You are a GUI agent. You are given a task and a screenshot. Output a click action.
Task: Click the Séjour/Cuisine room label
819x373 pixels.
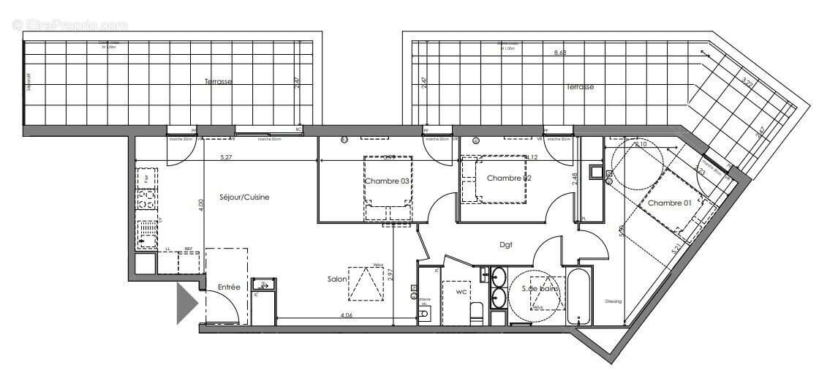[x=240, y=197]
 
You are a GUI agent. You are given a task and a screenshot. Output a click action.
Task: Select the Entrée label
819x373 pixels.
[x=229, y=287]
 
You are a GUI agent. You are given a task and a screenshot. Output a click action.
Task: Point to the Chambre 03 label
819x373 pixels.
[x=388, y=181]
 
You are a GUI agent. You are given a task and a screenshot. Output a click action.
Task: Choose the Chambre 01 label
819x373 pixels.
[x=669, y=203]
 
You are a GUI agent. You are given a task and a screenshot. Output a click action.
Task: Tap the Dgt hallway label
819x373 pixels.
[x=505, y=245]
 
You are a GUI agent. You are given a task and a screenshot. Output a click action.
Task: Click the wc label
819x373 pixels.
[x=461, y=293]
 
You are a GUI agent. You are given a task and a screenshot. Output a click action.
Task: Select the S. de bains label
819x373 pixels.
[x=540, y=290]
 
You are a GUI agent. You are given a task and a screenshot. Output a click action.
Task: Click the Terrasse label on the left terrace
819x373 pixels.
[x=218, y=82]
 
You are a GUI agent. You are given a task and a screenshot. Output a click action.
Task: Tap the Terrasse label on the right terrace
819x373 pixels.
[x=580, y=86]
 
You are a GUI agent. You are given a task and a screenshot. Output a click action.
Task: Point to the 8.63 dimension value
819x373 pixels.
[x=560, y=53]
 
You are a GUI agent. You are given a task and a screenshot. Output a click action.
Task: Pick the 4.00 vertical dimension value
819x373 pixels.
[x=200, y=206]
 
